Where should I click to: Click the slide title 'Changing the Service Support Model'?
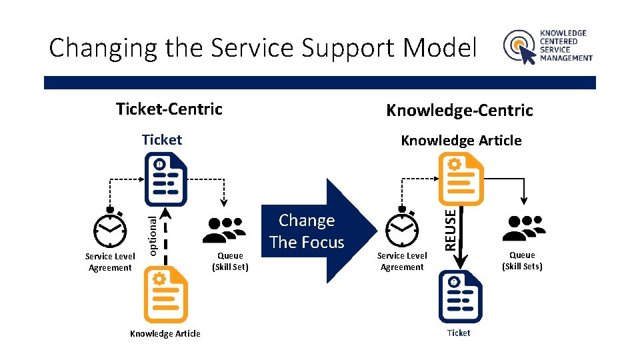pyautogui.click(x=263, y=48)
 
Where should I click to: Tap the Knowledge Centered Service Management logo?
pyautogui.click(x=547, y=46)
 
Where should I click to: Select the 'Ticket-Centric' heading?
pyautogui.click(x=169, y=109)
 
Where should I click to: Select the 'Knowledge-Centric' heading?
pyautogui.click(x=460, y=110)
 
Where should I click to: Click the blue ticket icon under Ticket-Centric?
pyautogui.click(x=165, y=179)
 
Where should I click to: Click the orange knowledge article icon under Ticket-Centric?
pyautogui.click(x=166, y=297)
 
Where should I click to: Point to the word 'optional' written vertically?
pyautogui.click(x=153, y=233)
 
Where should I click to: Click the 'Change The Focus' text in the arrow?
pyautogui.click(x=307, y=231)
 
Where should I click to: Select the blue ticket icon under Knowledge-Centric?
pyautogui.click(x=459, y=297)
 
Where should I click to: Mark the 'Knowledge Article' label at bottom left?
pyautogui.click(x=165, y=333)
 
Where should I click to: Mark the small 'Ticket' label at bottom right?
pyautogui.click(x=459, y=333)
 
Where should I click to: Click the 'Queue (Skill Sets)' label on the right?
pyautogui.click(x=522, y=261)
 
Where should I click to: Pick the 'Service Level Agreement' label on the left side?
pyautogui.click(x=110, y=262)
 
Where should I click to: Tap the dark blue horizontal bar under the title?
pyautogui.click(x=320, y=83)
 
